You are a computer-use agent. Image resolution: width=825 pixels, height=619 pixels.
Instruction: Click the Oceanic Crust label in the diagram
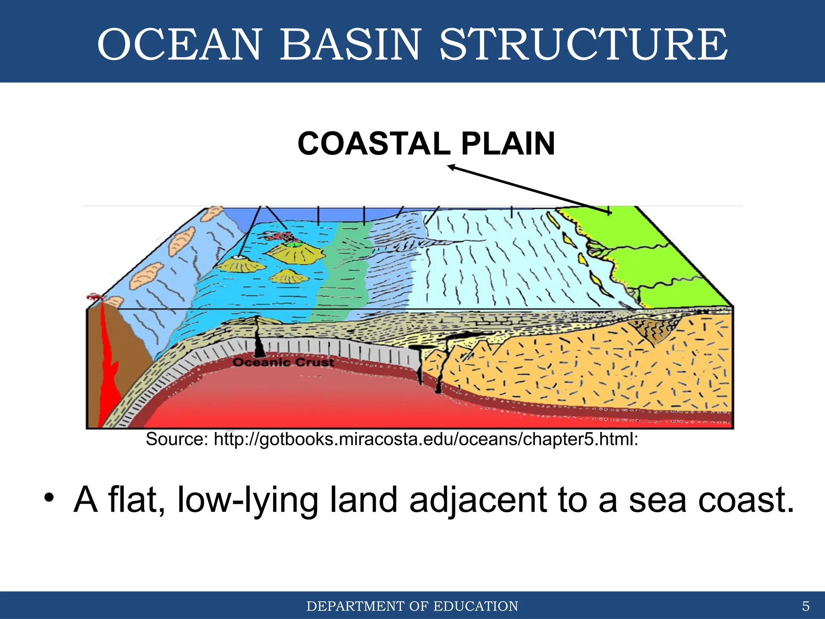[283, 362]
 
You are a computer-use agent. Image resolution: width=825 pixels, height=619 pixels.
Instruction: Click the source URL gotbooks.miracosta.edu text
[425, 439]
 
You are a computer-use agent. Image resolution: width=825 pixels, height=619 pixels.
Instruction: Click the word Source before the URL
[176, 439]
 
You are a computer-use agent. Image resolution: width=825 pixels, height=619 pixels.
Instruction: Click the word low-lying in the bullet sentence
[247, 500]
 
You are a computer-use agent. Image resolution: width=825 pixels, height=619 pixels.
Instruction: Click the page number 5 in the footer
[806, 606]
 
